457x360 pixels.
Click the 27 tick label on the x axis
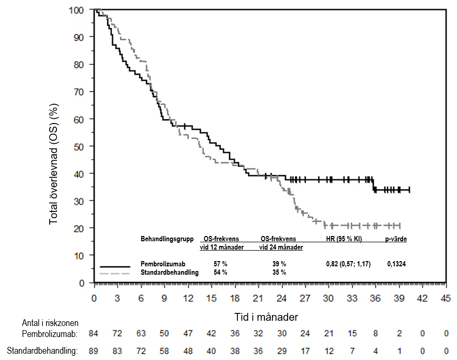[x=305, y=298]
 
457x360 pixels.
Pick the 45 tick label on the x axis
[x=445, y=298]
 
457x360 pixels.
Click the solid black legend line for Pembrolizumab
[x=115, y=266]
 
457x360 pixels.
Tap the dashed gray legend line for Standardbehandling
[x=115, y=273]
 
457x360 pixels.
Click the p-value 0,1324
[x=396, y=264]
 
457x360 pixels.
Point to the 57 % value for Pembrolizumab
[x=220, y=264]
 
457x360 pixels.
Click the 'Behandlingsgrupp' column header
[x=167, y=239]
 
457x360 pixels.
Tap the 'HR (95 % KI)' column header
[x=344, y=239]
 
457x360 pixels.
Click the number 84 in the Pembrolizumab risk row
[x=94, y=333]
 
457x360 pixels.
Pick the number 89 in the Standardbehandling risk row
[x=94, y=351]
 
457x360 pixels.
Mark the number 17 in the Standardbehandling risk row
[x=305, y=351]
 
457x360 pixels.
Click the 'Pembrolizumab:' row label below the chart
[x=50, y=333]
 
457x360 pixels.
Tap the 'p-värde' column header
[x=396, y=239]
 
